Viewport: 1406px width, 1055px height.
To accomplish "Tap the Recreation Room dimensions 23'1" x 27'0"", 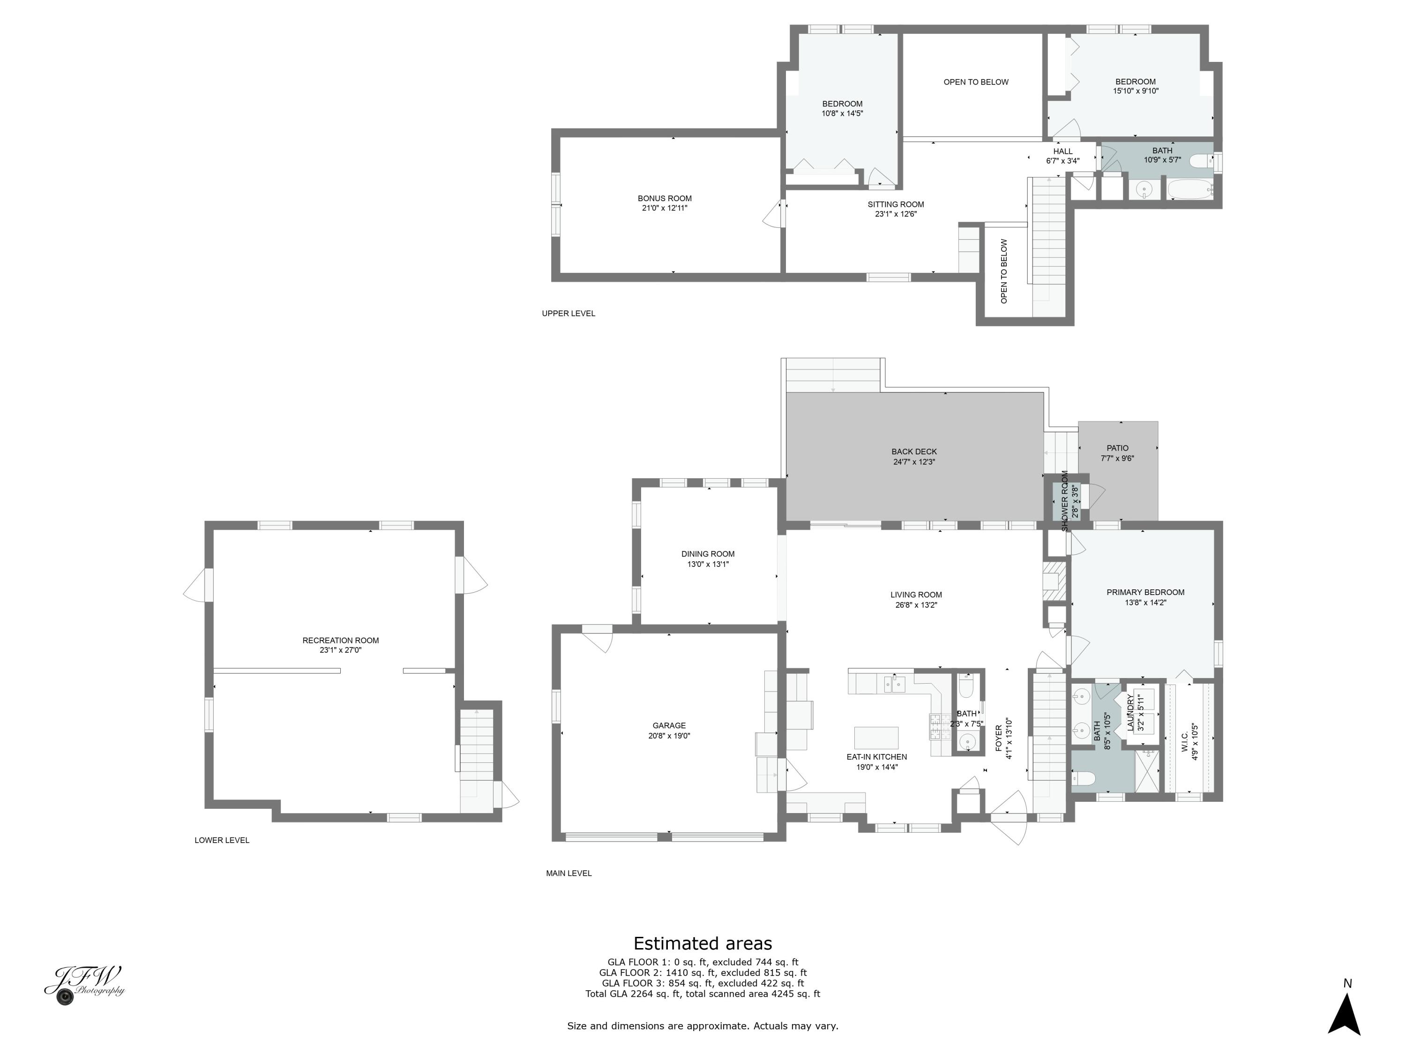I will (x=340, y=650).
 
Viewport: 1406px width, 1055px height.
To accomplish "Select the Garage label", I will (x=669, y=725).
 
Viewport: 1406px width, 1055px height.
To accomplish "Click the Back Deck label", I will (x=914, y=452).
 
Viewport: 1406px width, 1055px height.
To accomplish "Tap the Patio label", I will (x=1117, y=448).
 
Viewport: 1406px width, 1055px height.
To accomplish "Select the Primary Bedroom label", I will (x=1145, y=593).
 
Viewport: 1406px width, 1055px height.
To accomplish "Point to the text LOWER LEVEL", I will (x=222, y=841).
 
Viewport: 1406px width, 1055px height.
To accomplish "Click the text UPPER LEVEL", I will (x=568, y=314).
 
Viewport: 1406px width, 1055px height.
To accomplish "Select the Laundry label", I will (x=1131, y=712).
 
